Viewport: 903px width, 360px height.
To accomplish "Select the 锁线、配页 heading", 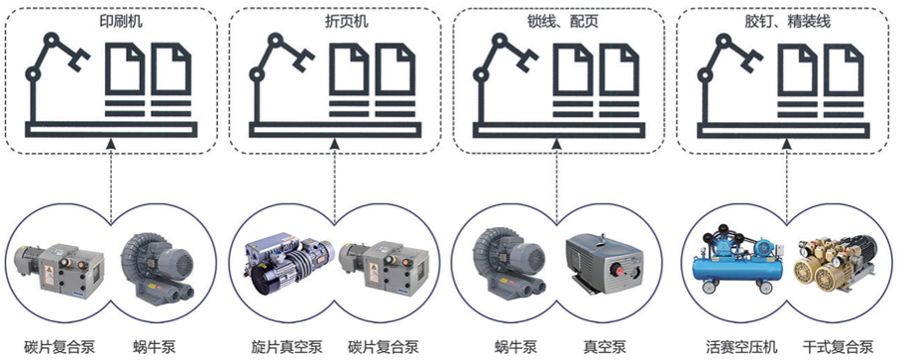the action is pos(557,22).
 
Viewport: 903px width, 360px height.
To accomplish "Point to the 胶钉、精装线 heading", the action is pos(787,22).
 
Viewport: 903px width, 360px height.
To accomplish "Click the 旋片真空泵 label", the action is pos(286,347).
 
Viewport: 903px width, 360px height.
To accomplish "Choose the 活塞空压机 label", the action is pos(741,347).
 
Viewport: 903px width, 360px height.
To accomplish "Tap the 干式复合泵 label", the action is pos(838,347).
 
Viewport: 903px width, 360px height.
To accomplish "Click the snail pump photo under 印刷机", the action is pos(159,262).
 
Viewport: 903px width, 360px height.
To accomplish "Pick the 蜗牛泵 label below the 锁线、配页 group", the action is pos(515,347).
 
